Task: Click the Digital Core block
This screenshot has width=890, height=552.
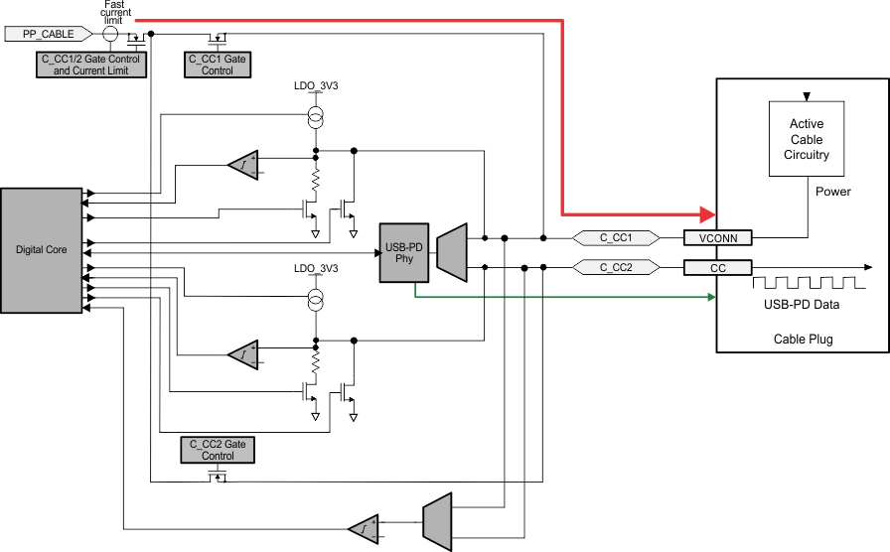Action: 42,249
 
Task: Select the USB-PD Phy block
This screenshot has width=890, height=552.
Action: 403,252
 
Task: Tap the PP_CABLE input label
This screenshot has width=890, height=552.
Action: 50,34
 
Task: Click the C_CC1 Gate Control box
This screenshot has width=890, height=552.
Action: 217,65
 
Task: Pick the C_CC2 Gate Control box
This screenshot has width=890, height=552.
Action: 217,450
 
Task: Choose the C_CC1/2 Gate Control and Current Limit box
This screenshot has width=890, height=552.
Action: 90,65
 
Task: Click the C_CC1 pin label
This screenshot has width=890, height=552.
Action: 616,238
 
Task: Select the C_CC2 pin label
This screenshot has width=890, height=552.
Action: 616,267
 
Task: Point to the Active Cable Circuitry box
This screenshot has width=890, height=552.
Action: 807,139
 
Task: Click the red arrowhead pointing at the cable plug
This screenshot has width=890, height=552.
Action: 707,213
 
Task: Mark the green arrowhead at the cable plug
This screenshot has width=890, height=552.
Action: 710,296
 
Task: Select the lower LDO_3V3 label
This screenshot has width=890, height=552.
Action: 316,269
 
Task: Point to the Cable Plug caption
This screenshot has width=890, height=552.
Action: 803,339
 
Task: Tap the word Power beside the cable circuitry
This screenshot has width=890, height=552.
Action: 832,191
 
